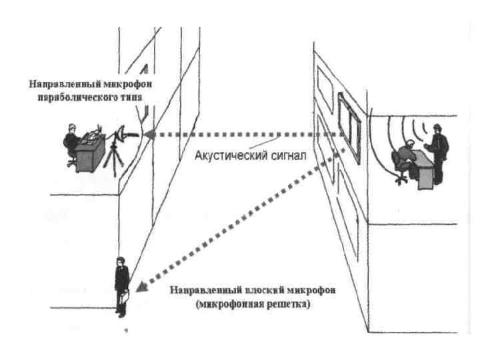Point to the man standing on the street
coord(121,283)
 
